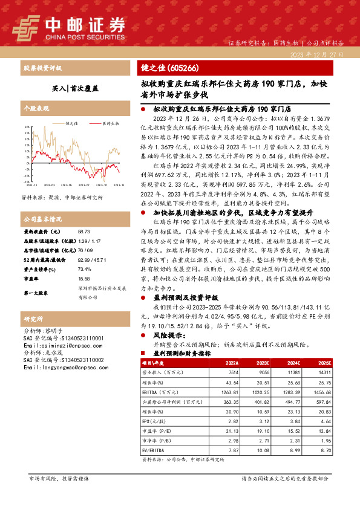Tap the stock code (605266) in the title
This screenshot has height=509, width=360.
182,68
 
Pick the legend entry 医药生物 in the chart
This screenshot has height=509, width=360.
110,123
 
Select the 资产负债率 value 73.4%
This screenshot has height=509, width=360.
84,269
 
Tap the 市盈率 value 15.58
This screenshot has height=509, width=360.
83,279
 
